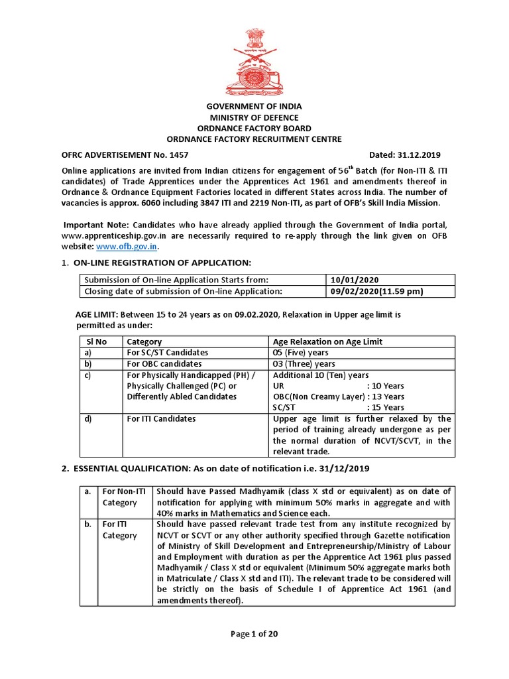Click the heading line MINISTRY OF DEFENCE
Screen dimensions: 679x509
(x=254, y=117)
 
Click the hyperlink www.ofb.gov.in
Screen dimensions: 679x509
(x=136, y=246)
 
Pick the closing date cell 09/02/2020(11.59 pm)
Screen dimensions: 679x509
(x=376, y=291)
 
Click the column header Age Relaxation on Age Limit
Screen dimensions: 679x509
(x=327, y=341)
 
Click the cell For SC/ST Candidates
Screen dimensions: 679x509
(x=167, y=353)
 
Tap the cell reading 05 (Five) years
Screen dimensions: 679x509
(x=300, y=353)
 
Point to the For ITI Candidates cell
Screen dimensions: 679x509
(x=161, y=419)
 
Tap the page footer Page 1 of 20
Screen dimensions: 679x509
(x=254, y=634)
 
